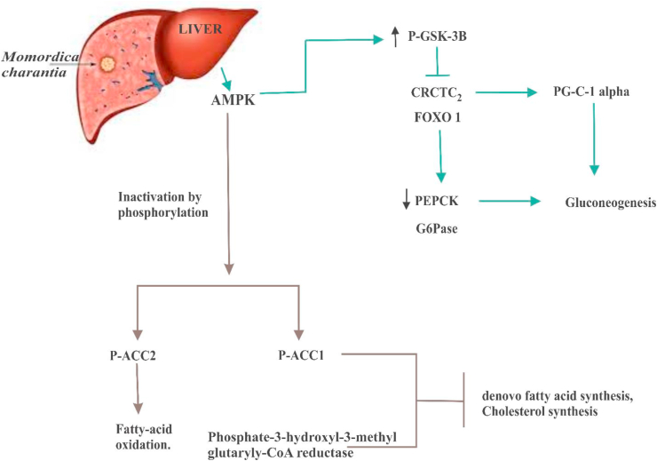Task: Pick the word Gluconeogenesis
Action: coord(611,203)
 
